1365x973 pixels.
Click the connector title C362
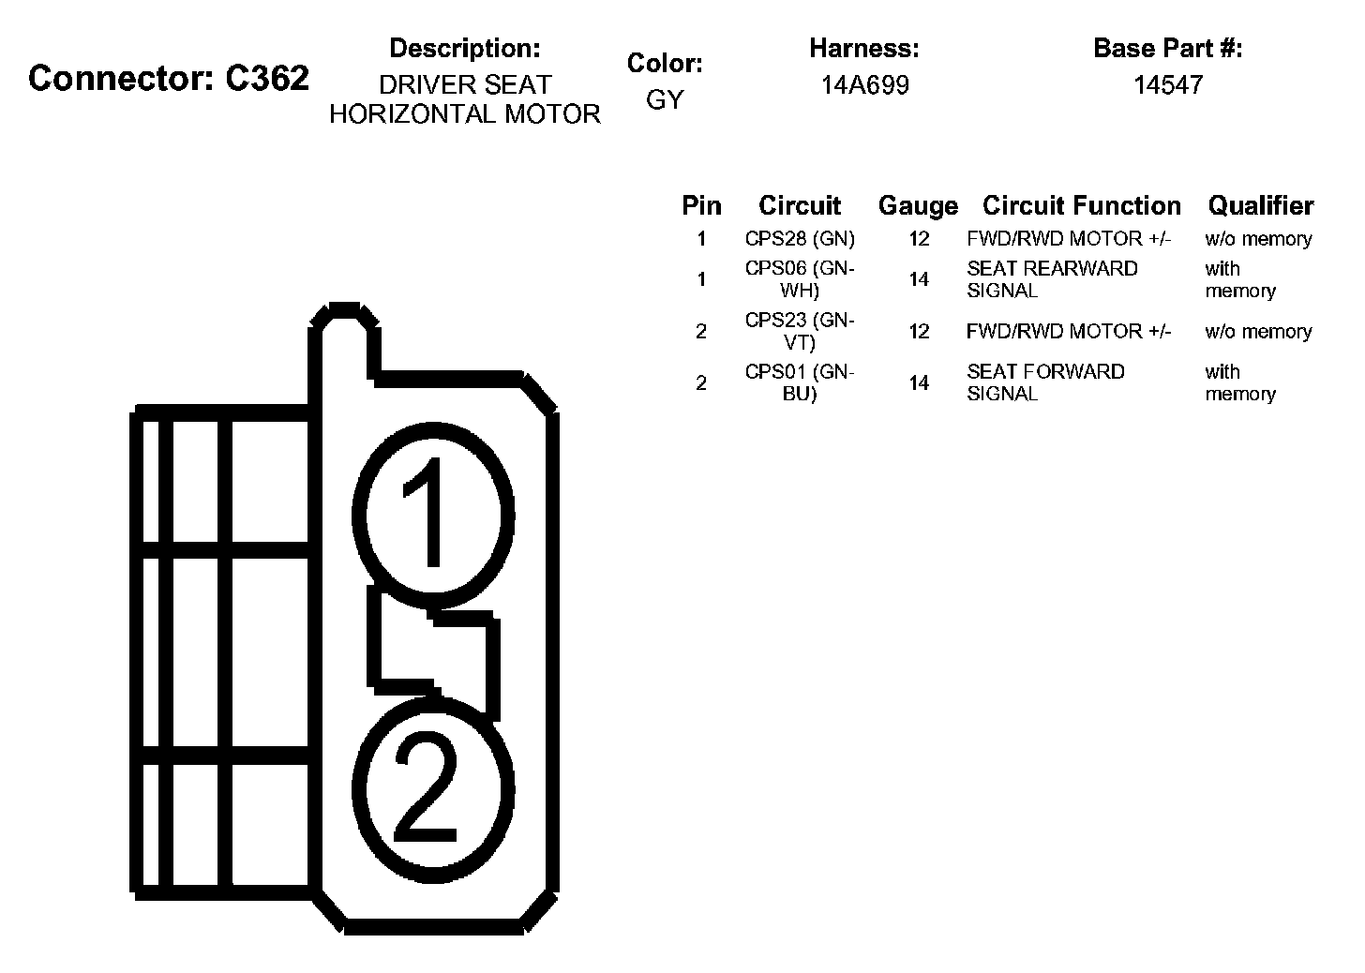pyautogui.click(x=169, y=78)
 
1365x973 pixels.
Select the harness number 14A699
pyautogui.click(x=864, y=85)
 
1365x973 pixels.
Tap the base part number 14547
pyautogui.click(x=1167, y=85)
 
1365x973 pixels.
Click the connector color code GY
pyautogui.click(x=665, y=99)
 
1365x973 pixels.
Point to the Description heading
pyautogui.click(x=464, y=48)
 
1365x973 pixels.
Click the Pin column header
pyautogui.click(x=701, y=205)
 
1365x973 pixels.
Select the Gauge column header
pyautogui.click(x=918, y=205)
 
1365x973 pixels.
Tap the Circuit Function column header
pyautogui.click(x=1081, y=205)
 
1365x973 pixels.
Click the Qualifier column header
pyautogui.click(x=1260, y=205)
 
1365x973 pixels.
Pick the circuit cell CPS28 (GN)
pyautogui.click(x=800, y=239)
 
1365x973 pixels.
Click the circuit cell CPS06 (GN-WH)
pyautogui.click(x=800, y=279)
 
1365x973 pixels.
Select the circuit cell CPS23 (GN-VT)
pyautogui.click(x=800, y=331)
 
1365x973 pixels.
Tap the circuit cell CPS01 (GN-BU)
pyautogui.click(x=800, y=382)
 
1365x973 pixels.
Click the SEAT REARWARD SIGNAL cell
pyautogui.click(x=1052, y=279)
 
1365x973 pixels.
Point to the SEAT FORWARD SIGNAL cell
pyautogui.click(x=1045, y=382)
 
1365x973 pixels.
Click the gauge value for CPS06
pyautogui.click(x=919, y=279)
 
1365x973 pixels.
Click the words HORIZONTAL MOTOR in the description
pyautogui.click(x=464, y=114)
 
